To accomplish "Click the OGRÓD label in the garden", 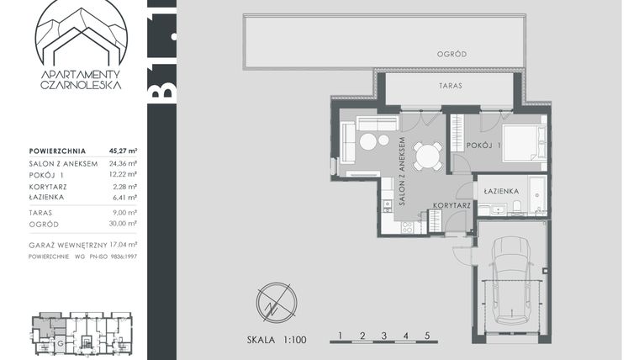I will (x=452, y=55).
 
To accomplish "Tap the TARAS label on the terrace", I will (x=452, y=86).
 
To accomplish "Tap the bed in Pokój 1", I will (x=525, y=139).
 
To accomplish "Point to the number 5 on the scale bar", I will (x=428, y=336).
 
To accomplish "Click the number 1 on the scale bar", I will (x=341, y=336).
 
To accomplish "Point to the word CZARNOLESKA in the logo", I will (x=81, y=86).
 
